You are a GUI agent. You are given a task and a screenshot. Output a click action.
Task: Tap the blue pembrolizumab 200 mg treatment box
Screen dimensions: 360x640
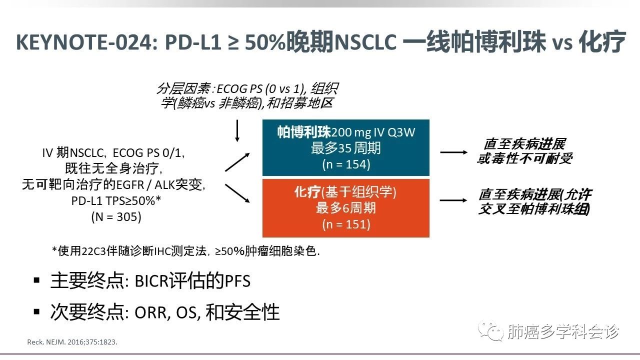click(345, 147)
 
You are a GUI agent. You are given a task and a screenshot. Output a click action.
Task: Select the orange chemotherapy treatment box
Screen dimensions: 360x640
click(345, 207)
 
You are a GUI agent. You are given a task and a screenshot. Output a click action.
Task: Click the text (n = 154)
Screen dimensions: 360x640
click(346, 164)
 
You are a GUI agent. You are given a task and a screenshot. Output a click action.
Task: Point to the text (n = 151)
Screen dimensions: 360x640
click(346, 224)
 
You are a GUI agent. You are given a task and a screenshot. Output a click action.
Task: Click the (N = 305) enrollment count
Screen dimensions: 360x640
click(116, 217)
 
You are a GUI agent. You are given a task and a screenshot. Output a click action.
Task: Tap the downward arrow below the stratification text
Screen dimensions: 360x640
click(238, 129)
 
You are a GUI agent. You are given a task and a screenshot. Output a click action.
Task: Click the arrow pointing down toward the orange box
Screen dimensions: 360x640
click(238, 193)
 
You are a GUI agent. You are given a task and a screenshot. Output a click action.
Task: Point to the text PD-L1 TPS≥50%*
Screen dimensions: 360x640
click(116, 201)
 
